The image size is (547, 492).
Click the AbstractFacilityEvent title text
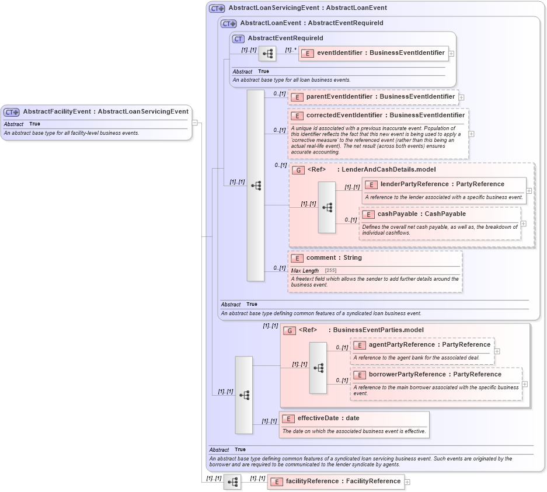pos(106,111)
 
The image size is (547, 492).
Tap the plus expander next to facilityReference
pos(407,482)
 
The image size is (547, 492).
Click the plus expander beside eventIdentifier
pos(451,54)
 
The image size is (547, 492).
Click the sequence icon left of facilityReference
pos(232,482)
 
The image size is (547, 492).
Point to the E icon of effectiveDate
pos(288,418)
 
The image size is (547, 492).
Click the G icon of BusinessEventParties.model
pos(290,331)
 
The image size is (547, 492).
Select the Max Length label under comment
pos(305,271)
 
